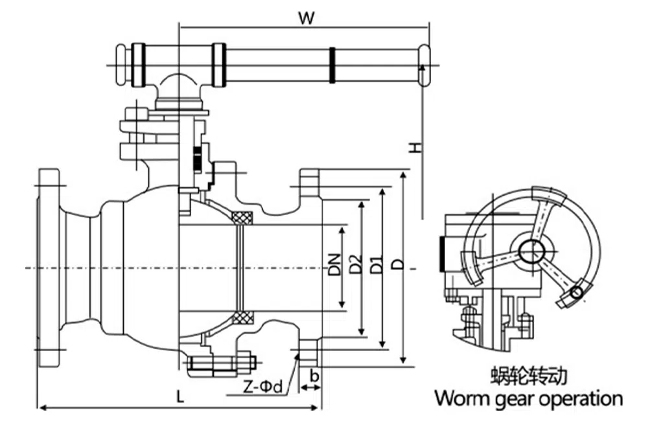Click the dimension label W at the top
point(307,17)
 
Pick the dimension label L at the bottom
point(180,396)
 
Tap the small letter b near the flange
point(314,376)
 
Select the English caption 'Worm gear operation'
point(528,397)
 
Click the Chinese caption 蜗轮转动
point(529,375)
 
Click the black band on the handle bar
point(332,65)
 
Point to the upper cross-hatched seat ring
point(243,218)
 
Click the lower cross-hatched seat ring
point(243,317)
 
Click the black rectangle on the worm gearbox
point(442,254)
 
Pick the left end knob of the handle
point(121,64)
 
